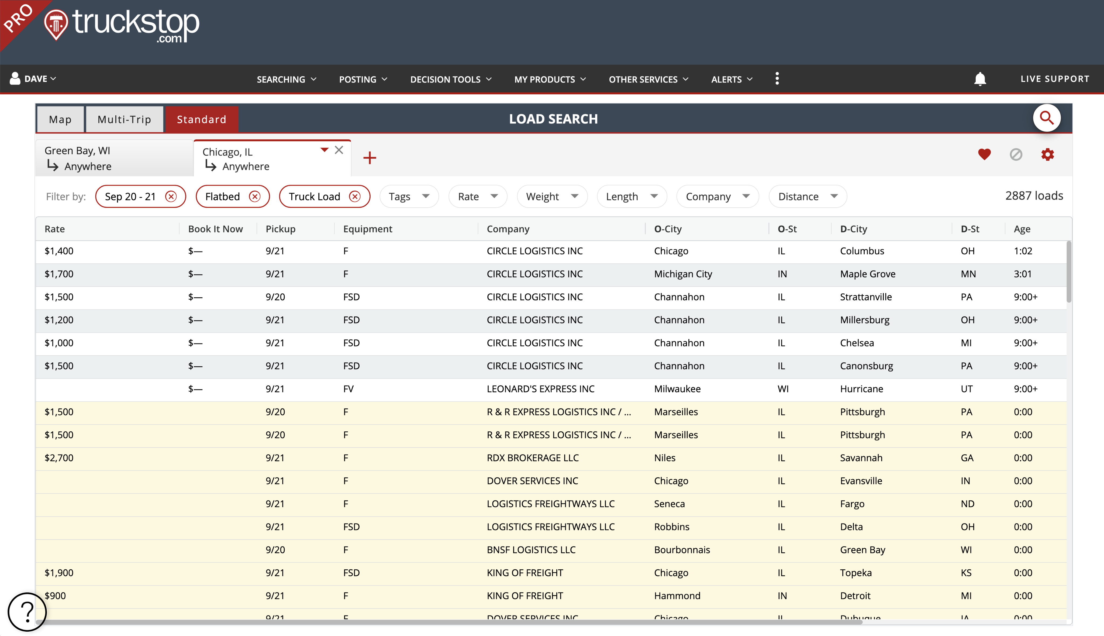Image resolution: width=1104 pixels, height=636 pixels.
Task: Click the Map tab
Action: (x=60, y=119)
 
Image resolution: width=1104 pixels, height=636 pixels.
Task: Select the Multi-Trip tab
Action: (x=125, y=119)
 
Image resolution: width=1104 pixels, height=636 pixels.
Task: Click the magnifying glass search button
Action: (x=1046, y=118)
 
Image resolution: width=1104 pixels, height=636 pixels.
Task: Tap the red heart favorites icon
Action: (x=984, y=154)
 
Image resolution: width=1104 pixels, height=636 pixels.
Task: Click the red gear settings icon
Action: (x=1047, y=154)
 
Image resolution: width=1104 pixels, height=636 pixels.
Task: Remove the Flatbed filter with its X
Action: (x=255, y=197)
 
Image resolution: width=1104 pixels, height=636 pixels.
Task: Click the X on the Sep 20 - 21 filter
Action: (x=171, y=197)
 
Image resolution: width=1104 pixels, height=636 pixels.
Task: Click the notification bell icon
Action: (x=980, y=79)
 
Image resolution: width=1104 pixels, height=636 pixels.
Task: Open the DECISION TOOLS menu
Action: (x=451, y=79)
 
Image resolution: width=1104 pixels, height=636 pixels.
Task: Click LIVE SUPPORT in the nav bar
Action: (x=1055, y=79)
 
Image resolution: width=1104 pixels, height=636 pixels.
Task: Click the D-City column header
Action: (x=853, y=229)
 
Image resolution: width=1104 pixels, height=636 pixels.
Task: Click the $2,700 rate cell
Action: (x=59, y=458)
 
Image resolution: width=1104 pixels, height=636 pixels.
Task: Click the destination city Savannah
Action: (x=861, y=458)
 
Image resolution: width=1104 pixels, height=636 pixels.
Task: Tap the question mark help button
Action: (x=27, y=611)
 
